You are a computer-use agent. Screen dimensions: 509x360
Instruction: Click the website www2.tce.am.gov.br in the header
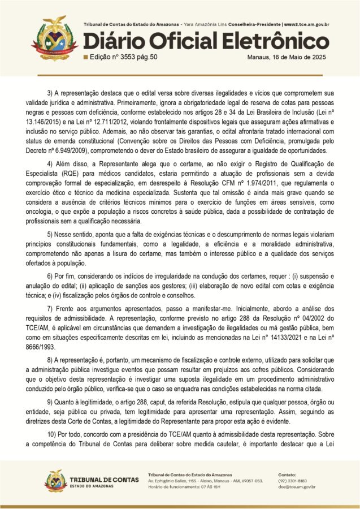coord(306,25)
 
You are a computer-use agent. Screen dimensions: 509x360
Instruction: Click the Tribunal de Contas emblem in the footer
coord(56,480)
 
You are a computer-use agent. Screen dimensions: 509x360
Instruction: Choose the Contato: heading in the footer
coord(287,474)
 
